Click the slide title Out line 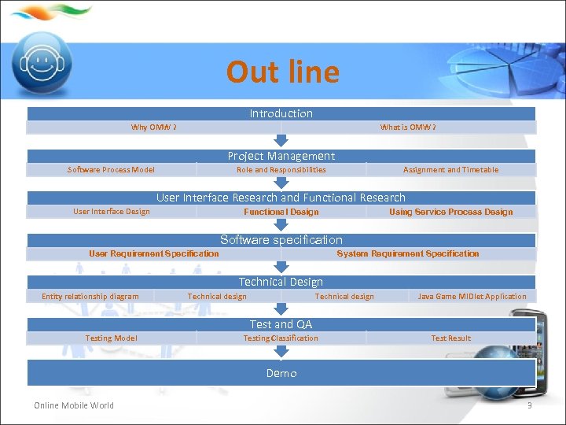[x=282, y=72]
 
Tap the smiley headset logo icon [x=46, y=62]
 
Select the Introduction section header [x=281, y=113]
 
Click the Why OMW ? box [x=153, y=128]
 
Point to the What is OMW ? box [x=408, y=128]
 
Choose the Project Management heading [x=281, y=156]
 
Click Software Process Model [x=111, y=169]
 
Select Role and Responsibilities [x=281, y=169]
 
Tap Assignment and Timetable [x=450, y=169]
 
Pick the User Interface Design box [x=111, y=212]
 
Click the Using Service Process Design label [x=450, y=212]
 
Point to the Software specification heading [x=281, y=240]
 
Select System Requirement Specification [x=407, y=253]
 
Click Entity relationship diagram [x=90, y=297]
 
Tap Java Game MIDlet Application [x=472, y=297]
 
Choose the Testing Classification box [x=281, y=338]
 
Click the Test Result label [x=450, y=338]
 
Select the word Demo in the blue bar [x=281, y=373]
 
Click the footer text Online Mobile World [x=74, y=405]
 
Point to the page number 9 [x=529, y=405]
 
